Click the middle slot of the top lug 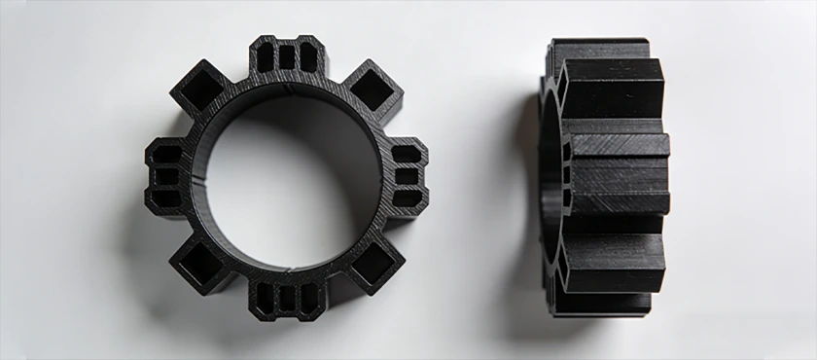coord(287,57)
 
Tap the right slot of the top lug coord(308,57)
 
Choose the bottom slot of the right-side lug coord(407,198)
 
